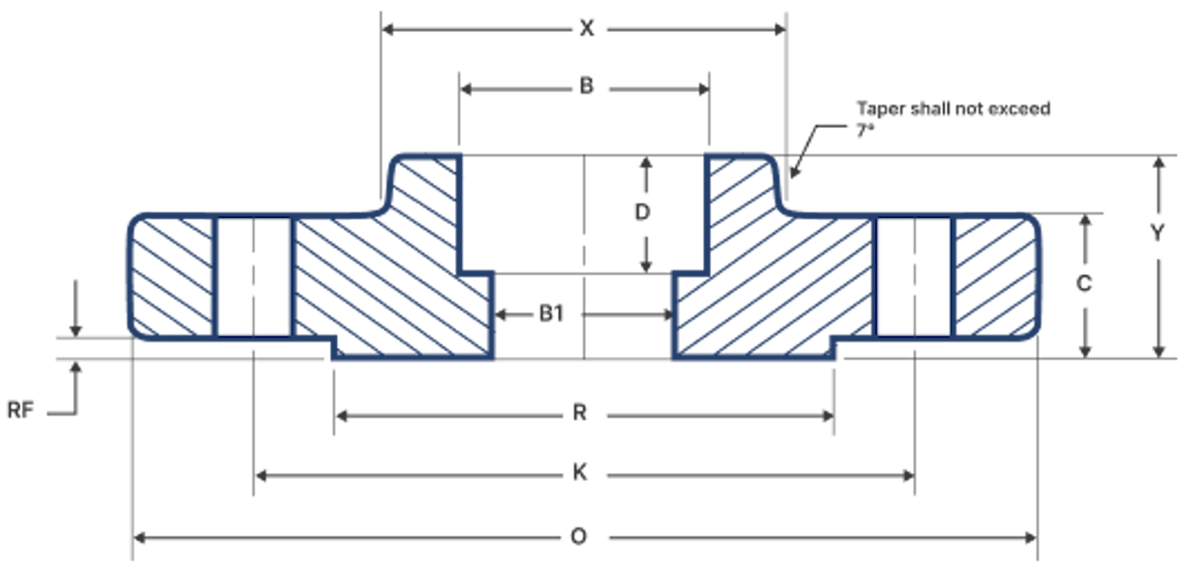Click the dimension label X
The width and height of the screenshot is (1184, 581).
tap(587, 28)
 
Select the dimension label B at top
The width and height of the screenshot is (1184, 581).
tap(587, 86)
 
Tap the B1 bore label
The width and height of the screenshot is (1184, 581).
tap(551, 314)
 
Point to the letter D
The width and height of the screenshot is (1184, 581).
tap(642, 212)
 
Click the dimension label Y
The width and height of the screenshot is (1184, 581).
tap(1157, 233)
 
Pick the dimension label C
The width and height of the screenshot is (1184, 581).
tap(1084, 283)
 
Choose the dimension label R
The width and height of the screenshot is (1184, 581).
tap(580, 413)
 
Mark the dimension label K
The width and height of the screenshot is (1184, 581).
tap(580, 473)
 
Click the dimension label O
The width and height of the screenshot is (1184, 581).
tap(579, 536)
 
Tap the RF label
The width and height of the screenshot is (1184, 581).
tap(20, 410)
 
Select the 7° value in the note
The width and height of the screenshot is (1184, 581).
tap(865, 130)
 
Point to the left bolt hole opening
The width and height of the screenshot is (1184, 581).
tap(254, 277)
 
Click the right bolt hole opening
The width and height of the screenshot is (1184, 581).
tap(914, 277)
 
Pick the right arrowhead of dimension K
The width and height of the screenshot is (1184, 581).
tap(908, 475)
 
